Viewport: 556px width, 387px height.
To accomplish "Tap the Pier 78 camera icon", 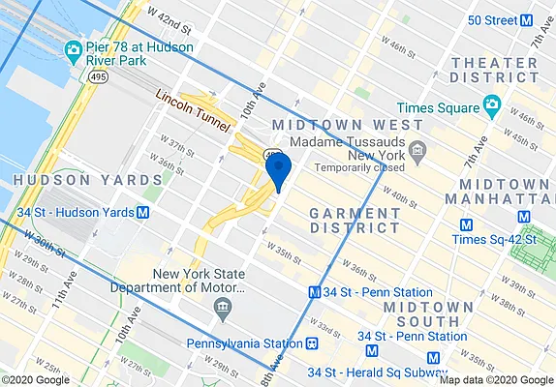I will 73,49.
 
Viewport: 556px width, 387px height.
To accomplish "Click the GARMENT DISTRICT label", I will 354,219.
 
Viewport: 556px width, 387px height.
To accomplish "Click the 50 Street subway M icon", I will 528,19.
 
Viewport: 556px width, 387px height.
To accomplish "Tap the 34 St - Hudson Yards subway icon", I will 143,212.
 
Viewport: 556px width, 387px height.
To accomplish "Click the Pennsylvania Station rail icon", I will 312,343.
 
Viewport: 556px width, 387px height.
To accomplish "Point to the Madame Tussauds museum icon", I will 417,150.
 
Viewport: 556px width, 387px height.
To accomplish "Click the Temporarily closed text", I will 349,166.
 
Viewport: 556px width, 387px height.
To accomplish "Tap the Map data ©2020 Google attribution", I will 494,379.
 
